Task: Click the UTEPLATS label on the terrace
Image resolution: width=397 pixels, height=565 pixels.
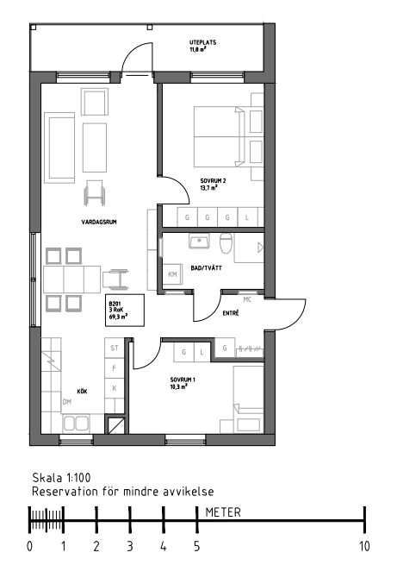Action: [203, 42]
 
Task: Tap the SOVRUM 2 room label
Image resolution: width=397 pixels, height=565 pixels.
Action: [213, 181]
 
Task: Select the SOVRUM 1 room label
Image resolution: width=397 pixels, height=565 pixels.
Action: [183, 380]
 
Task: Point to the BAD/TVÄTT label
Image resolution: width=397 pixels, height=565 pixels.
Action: [206, 268]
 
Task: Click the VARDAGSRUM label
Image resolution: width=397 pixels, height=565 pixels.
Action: [99, 222]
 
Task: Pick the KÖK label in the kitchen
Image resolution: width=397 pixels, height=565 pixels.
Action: [82, 392]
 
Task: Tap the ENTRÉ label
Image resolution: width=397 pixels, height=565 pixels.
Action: [231, 313]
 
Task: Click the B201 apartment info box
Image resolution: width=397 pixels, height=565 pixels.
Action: [125, 311]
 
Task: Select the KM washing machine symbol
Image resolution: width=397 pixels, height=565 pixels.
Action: [172, 274]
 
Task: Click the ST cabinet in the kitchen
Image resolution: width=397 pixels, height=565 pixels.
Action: [115, 348]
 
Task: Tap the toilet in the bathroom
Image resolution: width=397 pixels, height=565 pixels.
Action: [226, 243]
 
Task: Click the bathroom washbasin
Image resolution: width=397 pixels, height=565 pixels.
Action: [199, 241]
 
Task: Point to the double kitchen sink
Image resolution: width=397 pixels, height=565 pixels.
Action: [76, 424]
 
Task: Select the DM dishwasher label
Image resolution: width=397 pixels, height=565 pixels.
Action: [67, 402]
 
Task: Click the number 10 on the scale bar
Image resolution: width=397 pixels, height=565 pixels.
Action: [364, 546]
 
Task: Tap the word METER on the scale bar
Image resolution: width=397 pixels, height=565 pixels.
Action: [223, 512]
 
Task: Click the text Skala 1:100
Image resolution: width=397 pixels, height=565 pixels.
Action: [61, 478]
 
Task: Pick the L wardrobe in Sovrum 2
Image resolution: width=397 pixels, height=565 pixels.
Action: [247, 217]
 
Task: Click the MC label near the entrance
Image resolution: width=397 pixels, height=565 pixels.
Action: [247, 299]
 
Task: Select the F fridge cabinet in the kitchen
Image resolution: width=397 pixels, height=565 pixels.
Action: [115, 368]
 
